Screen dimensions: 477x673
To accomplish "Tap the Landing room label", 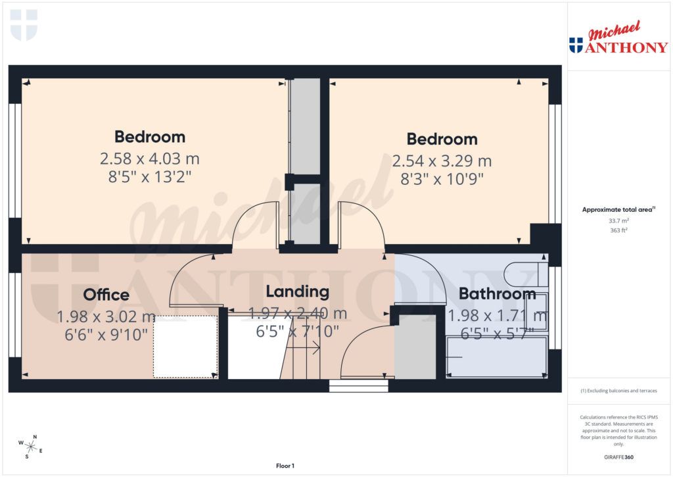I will pyautogui.click(x=297, y=291).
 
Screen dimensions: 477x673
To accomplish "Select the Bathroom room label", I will pyautogui.click(x=497, y=293).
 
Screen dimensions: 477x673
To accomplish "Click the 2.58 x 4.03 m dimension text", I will pyautogui.click(x=149, y=159).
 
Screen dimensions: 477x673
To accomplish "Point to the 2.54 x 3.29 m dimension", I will pyautogui.click(x=442, y=161).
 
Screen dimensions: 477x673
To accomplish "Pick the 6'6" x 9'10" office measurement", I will pyautogui.click(x=106, y=334).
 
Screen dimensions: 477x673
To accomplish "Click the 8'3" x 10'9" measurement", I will pyautogui.click(x=442, y=180).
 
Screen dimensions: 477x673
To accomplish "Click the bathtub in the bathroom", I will pyautogui.click(x=497, y=357).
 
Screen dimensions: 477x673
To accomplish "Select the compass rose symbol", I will pyautogui.click(x=30, y=447).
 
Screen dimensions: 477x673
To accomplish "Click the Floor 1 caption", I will pyautogui.click(x=285, y=466).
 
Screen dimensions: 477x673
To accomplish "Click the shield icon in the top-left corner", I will pyautogui.click(x=24, y=24).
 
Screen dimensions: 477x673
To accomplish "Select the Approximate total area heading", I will pyautogui.click(x=617, y=209).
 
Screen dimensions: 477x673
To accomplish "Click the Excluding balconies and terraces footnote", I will pyautogui.click(x=618, y=391).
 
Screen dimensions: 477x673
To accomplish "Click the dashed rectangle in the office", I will pyautogui.click(x=185, y=346).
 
